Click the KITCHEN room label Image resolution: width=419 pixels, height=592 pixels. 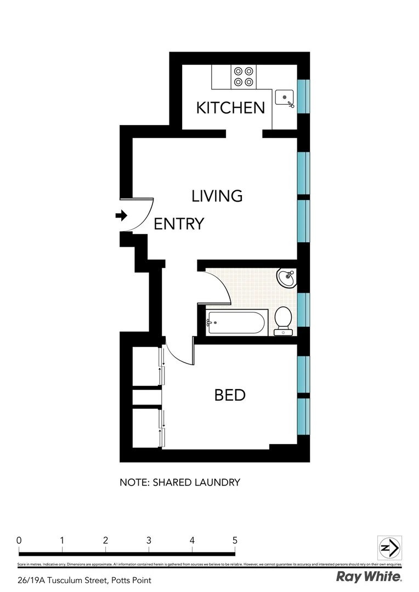coord(230,108)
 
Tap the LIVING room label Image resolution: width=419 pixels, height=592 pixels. coord(217,196)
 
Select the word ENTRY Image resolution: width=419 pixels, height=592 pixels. coord(179,224)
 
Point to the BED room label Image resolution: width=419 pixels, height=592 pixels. coord(230,395)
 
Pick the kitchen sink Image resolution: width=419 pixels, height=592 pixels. coord(285,98)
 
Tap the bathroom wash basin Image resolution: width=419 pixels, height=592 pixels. coord(286,278)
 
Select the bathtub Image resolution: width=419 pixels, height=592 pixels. coord(237,322)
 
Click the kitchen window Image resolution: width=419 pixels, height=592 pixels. coord(303,94)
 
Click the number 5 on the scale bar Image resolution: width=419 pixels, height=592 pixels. coord(235,540)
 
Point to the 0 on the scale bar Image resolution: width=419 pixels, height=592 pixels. coord(19,540)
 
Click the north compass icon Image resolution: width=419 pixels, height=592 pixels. coord(390,548)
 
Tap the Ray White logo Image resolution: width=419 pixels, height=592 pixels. coord(369,576)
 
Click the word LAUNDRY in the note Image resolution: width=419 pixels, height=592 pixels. coord(219,483)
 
